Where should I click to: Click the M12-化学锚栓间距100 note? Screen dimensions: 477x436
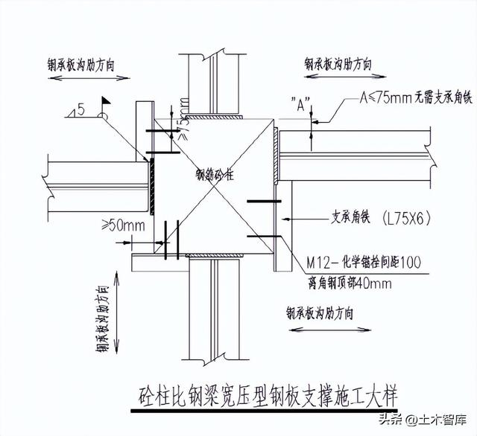click(x=364, y=263)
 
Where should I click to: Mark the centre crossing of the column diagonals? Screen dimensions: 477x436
click(x=215, y=187)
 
